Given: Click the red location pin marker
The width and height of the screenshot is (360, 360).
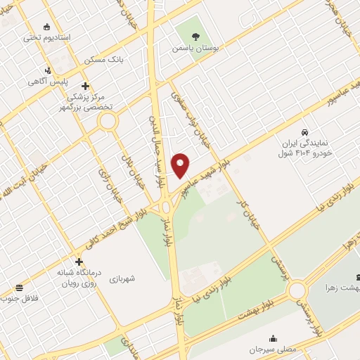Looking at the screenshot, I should (x=181, y=165).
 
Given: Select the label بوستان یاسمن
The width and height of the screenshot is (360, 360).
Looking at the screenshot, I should (x=195, y=50).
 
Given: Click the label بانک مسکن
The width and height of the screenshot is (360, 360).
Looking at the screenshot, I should (x=104, y=60).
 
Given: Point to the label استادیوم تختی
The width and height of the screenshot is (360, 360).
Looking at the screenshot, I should (x=48, y=38).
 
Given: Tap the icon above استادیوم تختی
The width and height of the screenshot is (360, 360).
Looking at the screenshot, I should (x=47, y=27).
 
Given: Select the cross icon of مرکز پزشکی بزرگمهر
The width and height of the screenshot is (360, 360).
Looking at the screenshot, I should (x=86, y=86).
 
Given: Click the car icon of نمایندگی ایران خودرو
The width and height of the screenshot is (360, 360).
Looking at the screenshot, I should (x=304, y=132).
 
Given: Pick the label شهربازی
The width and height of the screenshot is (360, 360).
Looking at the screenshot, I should (x=122, y=278).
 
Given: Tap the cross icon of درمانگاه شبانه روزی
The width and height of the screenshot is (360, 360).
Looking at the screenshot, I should (x=79, y=262).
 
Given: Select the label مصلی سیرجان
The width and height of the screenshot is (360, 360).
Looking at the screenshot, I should (x=273, y=349).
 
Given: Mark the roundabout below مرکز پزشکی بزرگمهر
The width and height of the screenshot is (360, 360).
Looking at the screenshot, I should (x=108, y=122).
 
